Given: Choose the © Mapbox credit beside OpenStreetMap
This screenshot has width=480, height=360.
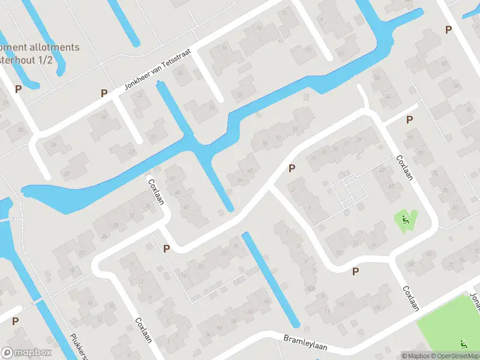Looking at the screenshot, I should point(416,356).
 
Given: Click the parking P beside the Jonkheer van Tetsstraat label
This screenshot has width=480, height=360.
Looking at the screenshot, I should point(104,93).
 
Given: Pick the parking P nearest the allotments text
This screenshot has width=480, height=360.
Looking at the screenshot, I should point(18,89).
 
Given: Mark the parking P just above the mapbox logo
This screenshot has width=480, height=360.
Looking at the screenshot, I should point(15,321).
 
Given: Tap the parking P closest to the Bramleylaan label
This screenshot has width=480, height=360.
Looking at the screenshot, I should point(355,271).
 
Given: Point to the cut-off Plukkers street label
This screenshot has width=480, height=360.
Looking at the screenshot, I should point(80,346).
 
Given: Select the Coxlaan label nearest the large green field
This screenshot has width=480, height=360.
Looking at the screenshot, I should point(410,298).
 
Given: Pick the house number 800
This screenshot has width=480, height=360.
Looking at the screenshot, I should point(311,289).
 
